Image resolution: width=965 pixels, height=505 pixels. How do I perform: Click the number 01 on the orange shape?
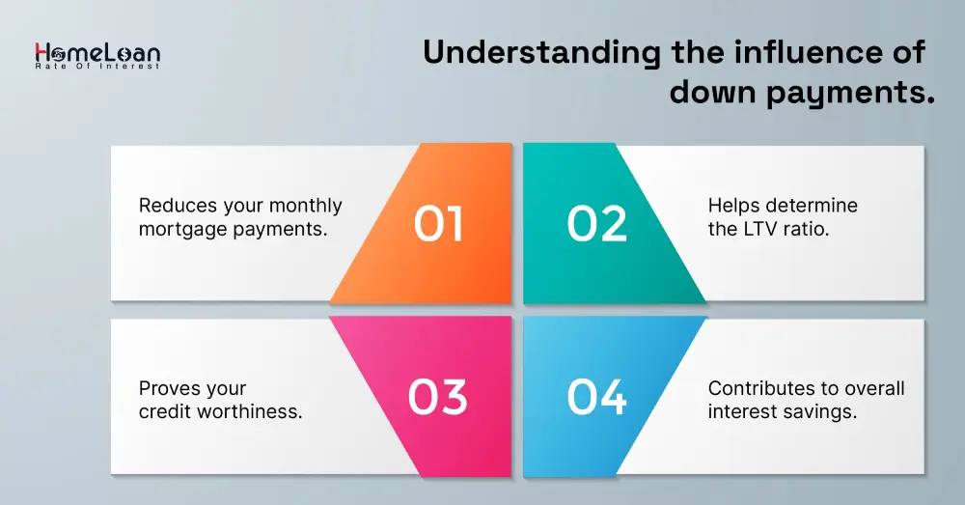point(438,224)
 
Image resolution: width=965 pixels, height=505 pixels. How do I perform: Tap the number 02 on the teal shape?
point(597,224)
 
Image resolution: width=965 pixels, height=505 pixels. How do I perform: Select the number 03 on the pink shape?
point(437,397)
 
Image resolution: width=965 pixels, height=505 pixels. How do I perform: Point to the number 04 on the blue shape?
point(596,397)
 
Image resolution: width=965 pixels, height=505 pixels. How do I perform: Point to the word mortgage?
point(177,230)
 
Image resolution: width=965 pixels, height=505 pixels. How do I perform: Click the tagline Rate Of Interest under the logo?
point(97,67)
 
